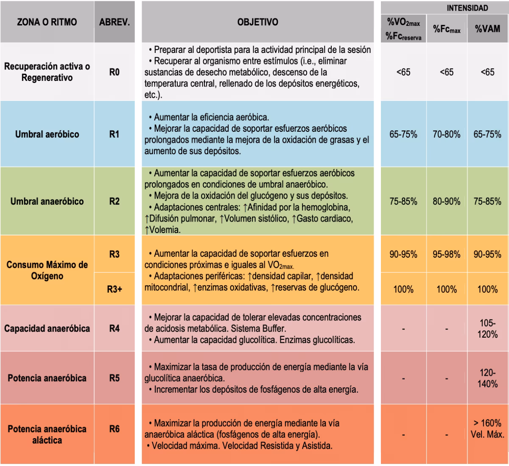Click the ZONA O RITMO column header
click(x=47, y=22)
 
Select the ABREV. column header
click(x=114, y=22)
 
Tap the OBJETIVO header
click(x=257, y=22)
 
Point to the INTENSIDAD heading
click(x=467, y=8)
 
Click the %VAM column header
click(x=487, y=29)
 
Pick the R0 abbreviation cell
click(x=114, y=72)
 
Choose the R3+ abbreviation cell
click(x=114, y=290)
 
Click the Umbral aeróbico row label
click(x=47, y=134)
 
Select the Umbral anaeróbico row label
click(x=47, y=201)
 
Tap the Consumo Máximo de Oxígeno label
click(x=47, y=270)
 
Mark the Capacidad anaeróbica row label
click(x=47, y=328)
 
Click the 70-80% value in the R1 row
click(x=446, y=134)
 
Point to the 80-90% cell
click(x=446, y=201)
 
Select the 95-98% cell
click(x=446, y=254)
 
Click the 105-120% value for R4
click(x=488, y=329)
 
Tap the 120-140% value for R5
click(x=488, y=378)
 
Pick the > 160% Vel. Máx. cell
click(x=488, y=429)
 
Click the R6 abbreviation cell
click(x=114, y=429)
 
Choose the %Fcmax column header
click(x=446, y=29)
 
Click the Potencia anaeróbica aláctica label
click(x=47, y=434)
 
